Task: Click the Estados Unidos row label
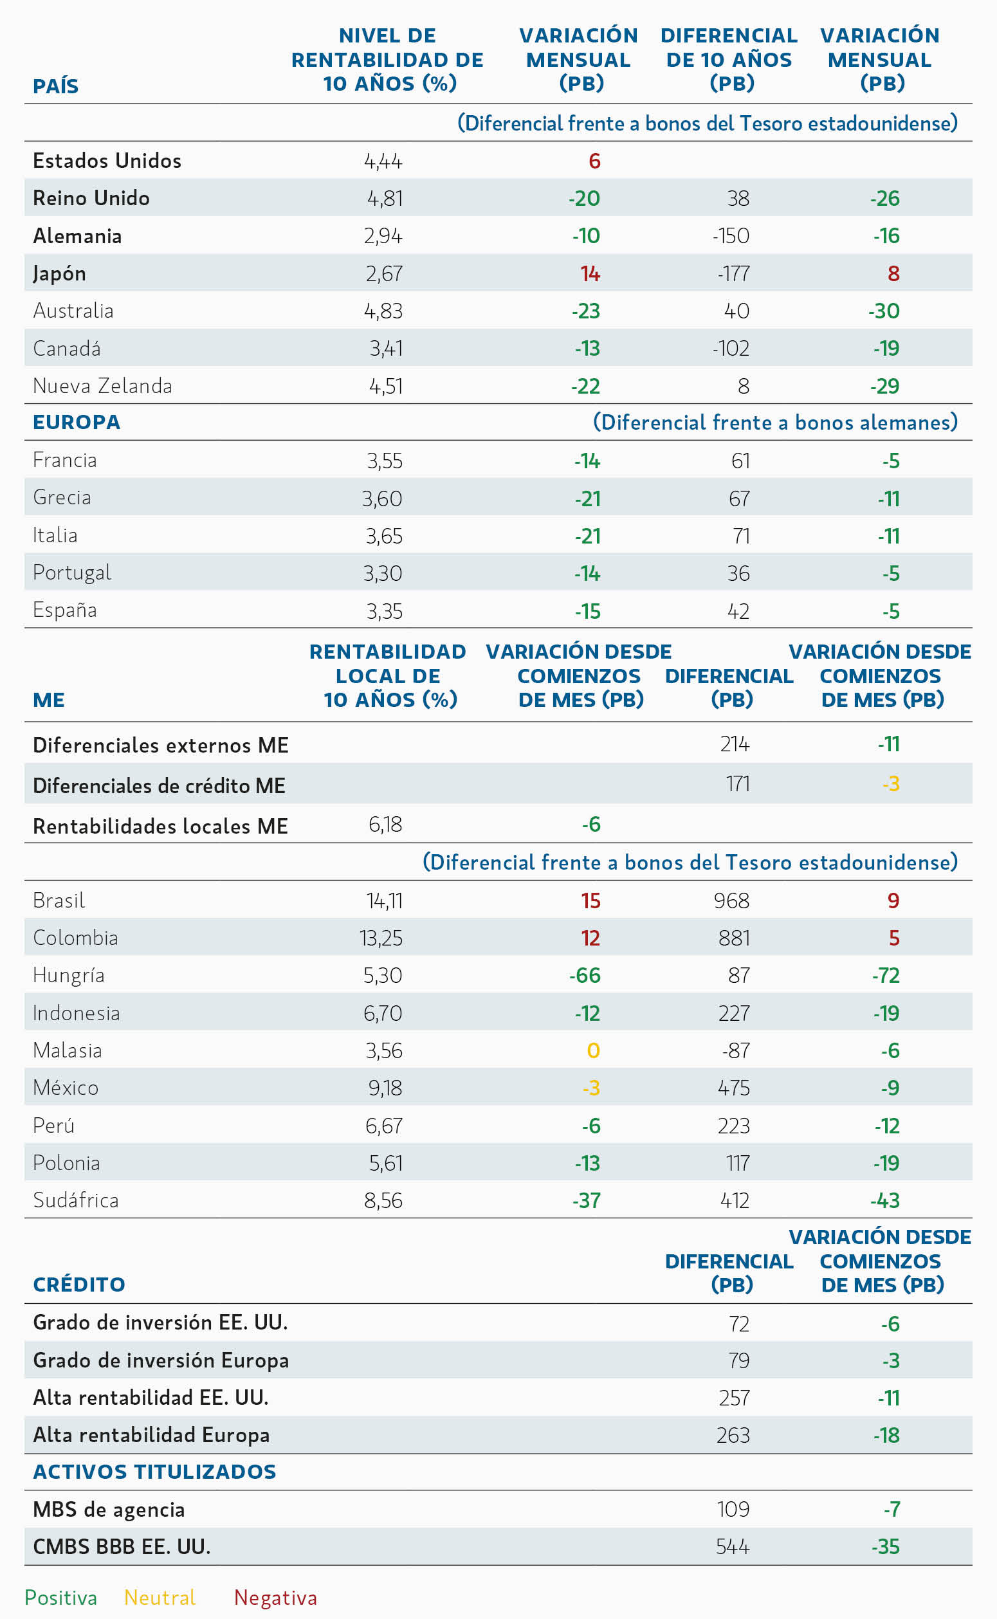click(107, 161)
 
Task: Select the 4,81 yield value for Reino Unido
click(385, 198)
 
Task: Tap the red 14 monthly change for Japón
click(590, 273)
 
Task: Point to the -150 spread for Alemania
click(731, 236)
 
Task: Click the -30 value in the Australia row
click(884, 311)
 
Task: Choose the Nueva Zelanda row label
click(102, 386)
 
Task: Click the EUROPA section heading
click(77, 422)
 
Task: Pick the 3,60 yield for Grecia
click(383, 499)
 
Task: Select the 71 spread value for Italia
click(742, 536)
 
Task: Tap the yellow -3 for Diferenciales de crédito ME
click(892, 784)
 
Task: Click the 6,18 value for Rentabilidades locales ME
click(385, 824)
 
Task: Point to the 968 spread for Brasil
click(732, 901)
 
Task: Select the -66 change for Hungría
click(585, 976)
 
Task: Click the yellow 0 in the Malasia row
click(594, 1051)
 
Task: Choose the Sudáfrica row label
click(76, 1200)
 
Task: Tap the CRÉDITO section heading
click(79, 1284)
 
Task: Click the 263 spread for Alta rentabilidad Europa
click(733, 1435)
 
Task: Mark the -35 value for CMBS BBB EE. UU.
click(886, 1546)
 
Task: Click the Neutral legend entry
click(160, 1598)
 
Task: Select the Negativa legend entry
click(276, 1598)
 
